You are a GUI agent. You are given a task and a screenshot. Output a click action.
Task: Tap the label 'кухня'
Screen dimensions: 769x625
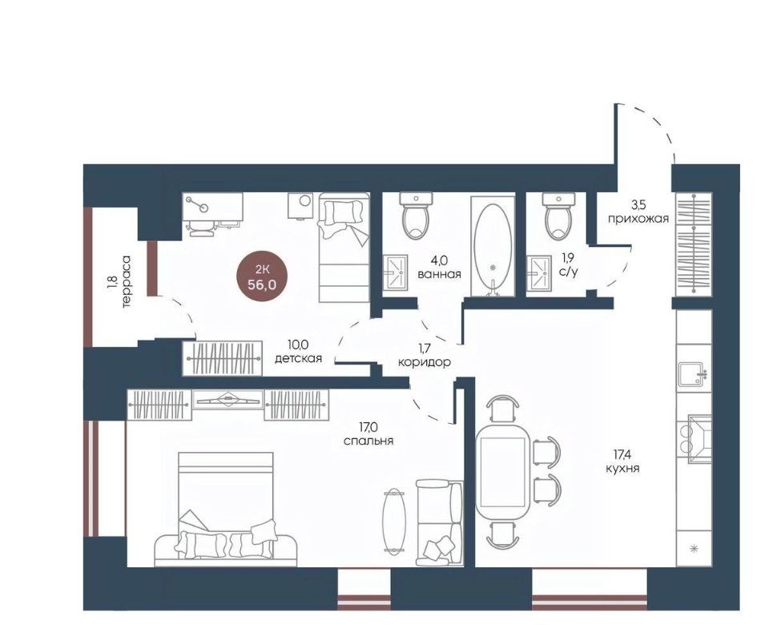click(622, 469)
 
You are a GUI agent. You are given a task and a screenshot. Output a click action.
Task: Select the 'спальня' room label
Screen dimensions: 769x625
click(368, 441)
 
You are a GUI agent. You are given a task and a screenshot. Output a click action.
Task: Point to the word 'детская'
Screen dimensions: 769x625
click(298, 359)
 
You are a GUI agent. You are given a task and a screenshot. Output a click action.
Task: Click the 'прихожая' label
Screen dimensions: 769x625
click(638, 220)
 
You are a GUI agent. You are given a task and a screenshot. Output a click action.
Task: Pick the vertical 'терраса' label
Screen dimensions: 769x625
click(127, 280)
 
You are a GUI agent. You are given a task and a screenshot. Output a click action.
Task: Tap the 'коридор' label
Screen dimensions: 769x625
click(425, 362)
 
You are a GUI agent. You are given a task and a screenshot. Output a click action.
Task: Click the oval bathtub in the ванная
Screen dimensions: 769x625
click(493, 248)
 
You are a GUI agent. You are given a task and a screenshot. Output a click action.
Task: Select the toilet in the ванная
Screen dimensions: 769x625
click(416, 216)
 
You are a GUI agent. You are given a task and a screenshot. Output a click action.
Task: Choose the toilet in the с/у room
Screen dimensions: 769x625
click(558, 216)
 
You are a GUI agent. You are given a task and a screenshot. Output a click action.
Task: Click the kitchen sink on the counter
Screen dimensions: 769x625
click(692, 375)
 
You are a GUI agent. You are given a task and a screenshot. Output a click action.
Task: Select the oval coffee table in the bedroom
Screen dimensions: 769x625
click(394, 521)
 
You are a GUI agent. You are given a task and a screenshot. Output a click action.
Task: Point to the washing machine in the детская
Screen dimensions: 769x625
click(300, 205)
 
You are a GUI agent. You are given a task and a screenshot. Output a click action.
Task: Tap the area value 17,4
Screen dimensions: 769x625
click(622, 456)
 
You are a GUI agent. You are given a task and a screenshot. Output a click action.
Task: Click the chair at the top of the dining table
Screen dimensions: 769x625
click(503, 408)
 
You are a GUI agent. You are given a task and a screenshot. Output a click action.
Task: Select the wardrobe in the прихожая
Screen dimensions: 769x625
click(692, 244)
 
